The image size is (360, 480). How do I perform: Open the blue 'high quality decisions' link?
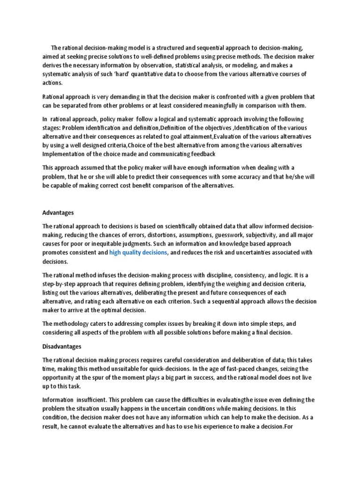click(138, 253)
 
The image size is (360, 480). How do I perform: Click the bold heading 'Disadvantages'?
click(62, 346)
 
